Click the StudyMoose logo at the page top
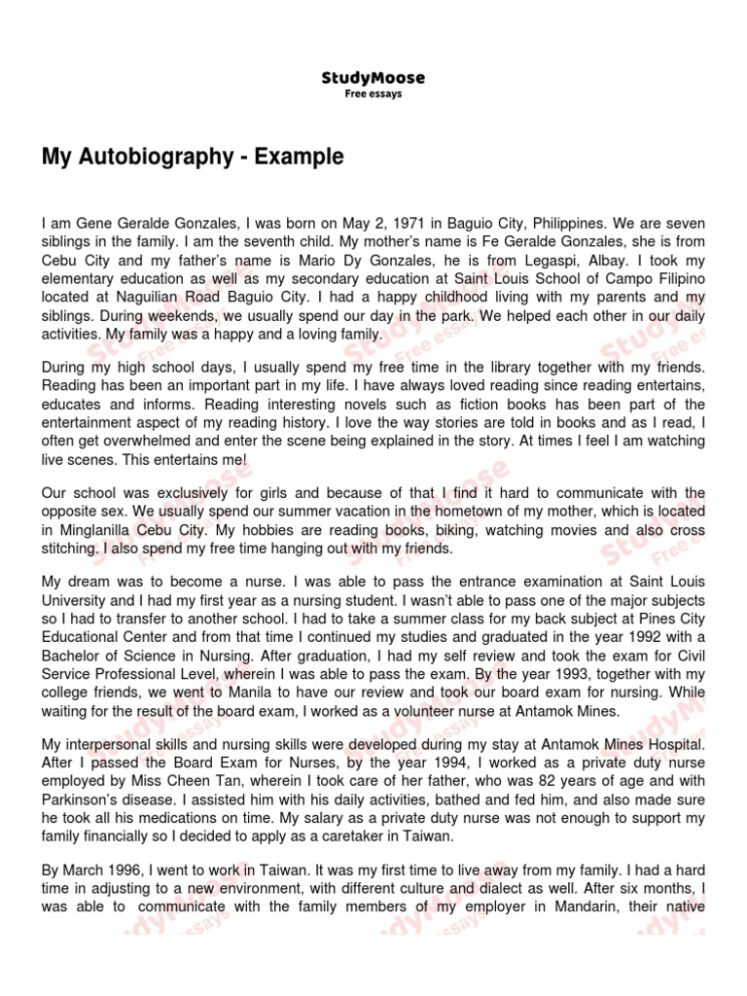pyautogui.click(x=373, y=78)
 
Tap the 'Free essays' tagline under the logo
pyautogui.click(x=373, y=94)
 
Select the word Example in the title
pyautogui.click(x=300, y=157)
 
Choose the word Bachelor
pyautogui.click(x=73, y=655)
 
